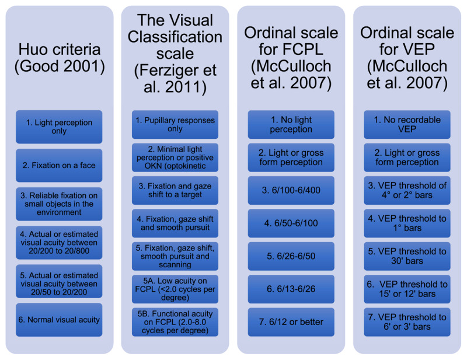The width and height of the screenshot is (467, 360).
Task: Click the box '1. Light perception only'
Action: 59,127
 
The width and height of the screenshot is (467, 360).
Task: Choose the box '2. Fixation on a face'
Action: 59,166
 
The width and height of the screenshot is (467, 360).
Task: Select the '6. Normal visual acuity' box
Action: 59,320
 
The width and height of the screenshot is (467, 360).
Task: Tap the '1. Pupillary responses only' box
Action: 175,124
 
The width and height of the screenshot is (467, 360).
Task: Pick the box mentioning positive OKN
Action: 175,158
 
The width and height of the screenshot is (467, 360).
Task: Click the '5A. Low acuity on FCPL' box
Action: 175,289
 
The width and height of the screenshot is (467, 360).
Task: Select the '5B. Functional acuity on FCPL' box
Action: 175,321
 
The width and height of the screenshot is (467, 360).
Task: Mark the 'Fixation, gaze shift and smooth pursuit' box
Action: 175,223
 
